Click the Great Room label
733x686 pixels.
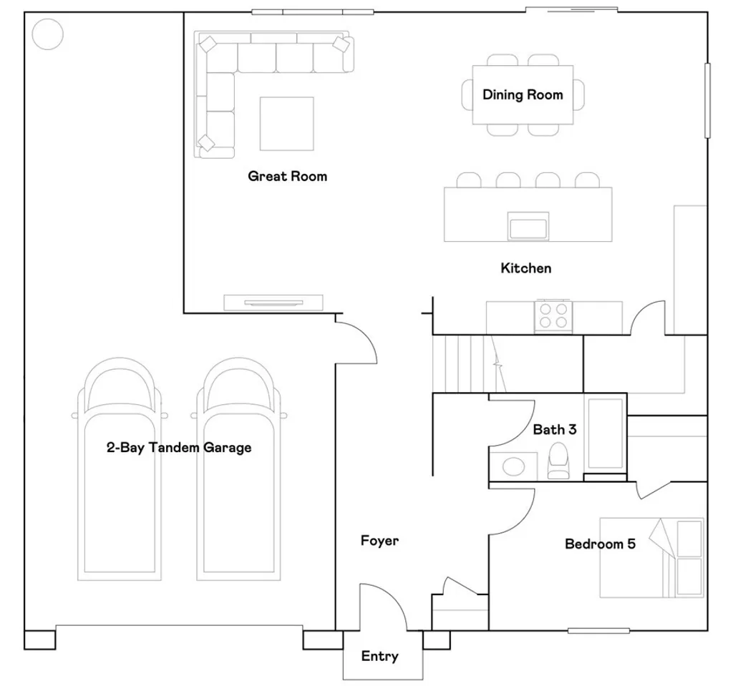(x=287, y=176)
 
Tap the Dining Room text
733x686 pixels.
(x=523, y=94)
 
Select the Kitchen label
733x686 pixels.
(x=525, y=268)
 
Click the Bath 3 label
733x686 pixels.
(x=555, y=430)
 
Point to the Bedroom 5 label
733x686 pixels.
(x=600, y=544)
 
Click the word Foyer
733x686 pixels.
(x=379, y=541)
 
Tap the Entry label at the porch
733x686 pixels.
(x=379, y=656)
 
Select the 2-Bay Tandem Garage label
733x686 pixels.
(x=179, y=448)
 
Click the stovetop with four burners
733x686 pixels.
(x=553, y=315)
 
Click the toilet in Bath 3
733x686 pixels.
(x=558, y=461)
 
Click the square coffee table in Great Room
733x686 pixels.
(x=286, y=123)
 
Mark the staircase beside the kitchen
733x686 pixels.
(x=465, y=363)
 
